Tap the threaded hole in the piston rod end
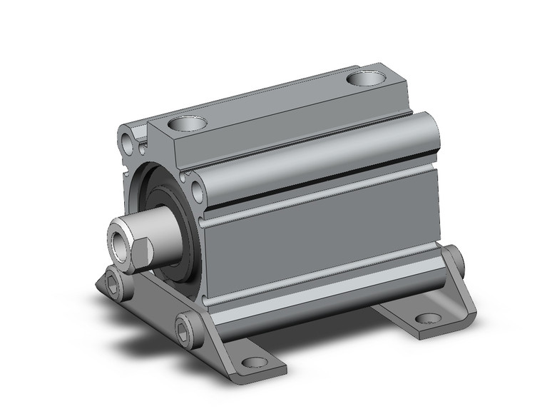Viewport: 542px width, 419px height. [x=118, y=235]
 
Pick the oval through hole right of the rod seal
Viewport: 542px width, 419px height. [x=197, y=191]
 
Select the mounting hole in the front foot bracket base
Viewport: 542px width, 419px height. [x=251, y=362]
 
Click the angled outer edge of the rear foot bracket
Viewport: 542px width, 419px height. [x=464, y=300]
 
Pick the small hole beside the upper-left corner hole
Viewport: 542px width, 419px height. [x=143, y=149]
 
